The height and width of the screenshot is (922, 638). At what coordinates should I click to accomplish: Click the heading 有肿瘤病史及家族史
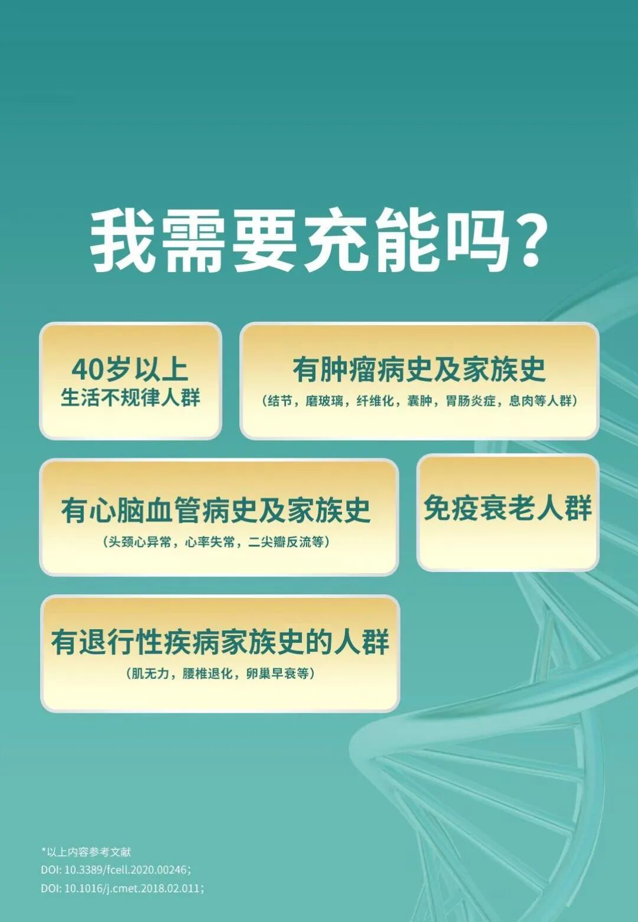coord(419,370)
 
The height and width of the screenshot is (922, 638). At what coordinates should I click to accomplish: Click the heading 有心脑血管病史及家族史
coord(216,510)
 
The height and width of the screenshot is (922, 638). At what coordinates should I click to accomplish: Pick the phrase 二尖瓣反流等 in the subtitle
coord(288,542)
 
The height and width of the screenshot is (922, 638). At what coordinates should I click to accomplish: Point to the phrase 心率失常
coord(210,542)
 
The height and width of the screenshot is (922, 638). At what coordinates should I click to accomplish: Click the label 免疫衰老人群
coord(507,507)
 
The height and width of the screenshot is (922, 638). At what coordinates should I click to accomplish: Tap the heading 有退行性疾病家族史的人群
coord(220,642)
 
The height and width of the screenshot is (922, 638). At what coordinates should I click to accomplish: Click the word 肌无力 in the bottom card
coord(148,674)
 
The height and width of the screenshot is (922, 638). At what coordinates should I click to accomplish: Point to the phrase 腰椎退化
coord(207,674)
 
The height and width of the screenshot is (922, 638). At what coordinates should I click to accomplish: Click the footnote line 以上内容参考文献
coord(88,852)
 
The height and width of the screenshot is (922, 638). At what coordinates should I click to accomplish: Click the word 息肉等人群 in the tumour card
coord(542,401)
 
